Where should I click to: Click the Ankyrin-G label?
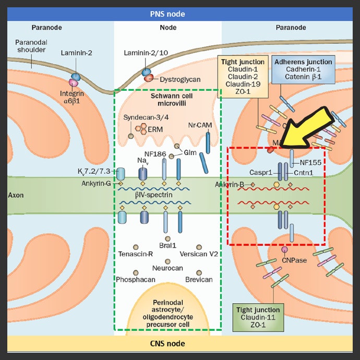click(97, 183)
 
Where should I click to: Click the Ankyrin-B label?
click(230, 184)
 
